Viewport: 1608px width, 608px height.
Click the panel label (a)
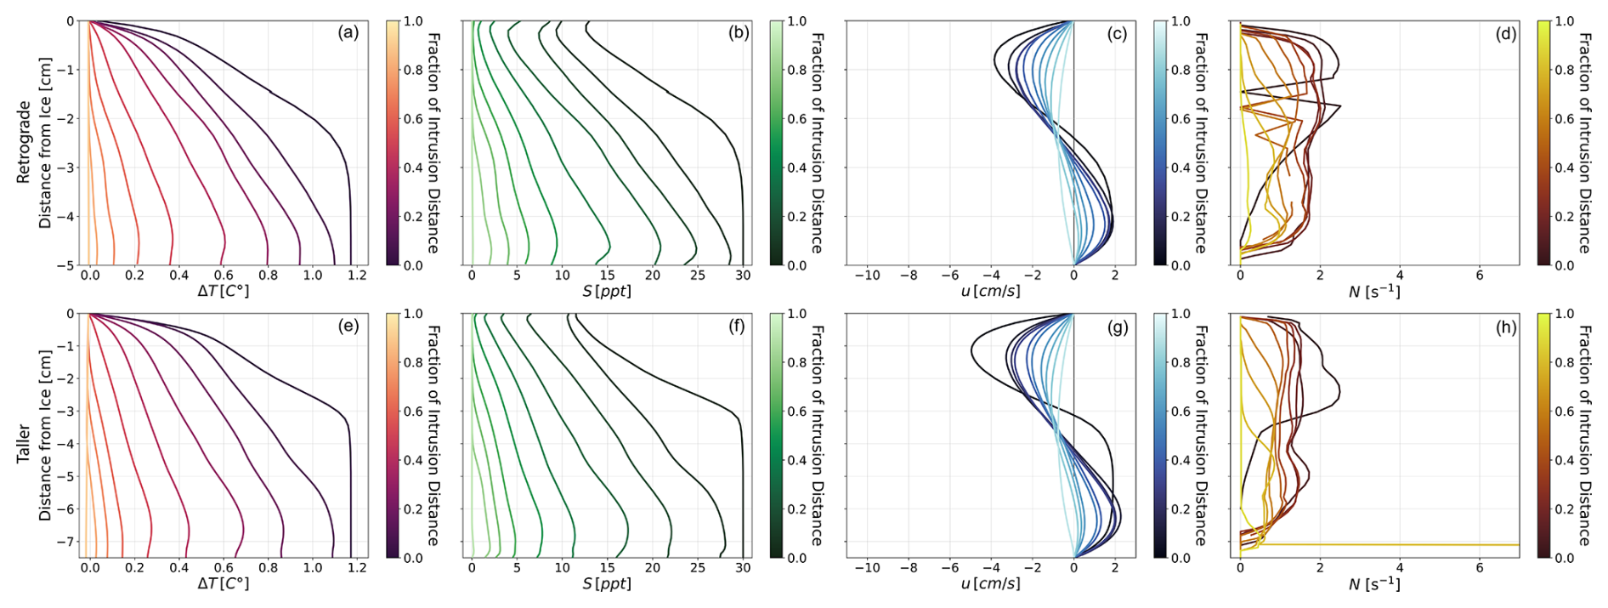(348, 33)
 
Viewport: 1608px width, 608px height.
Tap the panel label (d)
(1506, 33)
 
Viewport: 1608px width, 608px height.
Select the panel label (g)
(1117, 327)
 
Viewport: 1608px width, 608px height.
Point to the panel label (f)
(736, 327)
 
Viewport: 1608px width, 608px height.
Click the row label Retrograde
(24, 142)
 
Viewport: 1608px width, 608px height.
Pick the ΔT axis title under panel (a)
(224, 292)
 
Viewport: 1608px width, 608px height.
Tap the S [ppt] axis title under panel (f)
(606, 584)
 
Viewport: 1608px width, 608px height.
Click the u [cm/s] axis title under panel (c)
(990, 292)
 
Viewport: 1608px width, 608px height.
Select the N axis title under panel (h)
(1374, 584)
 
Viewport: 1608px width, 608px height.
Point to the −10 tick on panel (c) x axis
(867, 276)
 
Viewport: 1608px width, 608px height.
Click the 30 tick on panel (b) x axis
(743, 276)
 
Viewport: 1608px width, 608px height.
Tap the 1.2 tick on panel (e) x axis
(357, 568)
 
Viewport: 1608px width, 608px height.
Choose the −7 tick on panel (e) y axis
(71, 542)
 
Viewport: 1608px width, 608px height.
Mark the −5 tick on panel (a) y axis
(71, 265)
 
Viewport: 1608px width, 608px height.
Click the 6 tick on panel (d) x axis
(1480, 276)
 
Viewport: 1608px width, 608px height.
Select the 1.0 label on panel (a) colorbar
(413, 21)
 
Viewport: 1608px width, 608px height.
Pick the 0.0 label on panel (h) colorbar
(1564, 558)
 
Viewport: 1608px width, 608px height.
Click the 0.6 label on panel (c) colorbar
(1181, 119)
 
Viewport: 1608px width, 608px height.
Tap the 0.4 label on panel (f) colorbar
(796, 460)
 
